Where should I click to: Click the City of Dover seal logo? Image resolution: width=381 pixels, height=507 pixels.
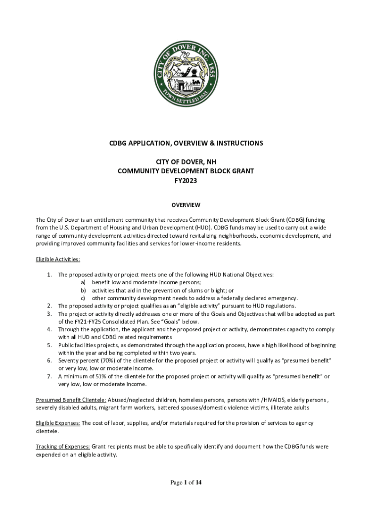(186, 74)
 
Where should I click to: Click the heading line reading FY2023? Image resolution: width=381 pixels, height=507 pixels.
(186, 181)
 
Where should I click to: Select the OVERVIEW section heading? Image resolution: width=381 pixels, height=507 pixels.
(186, 205)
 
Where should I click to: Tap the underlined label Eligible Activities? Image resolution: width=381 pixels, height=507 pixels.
(58, 259)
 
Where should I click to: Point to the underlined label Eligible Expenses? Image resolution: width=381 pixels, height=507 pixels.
(58, 423)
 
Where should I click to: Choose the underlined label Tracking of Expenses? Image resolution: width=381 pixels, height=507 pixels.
(62, 446)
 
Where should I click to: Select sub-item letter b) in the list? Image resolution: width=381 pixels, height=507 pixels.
(84, 290)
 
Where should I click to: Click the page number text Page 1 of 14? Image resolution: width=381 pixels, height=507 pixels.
(186, 482)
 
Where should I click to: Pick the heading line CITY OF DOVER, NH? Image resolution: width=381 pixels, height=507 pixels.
(186, 162)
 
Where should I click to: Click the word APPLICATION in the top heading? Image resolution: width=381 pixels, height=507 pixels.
(150, 143)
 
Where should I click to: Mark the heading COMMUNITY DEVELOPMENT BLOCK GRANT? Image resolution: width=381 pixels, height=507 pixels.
(186, 171)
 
